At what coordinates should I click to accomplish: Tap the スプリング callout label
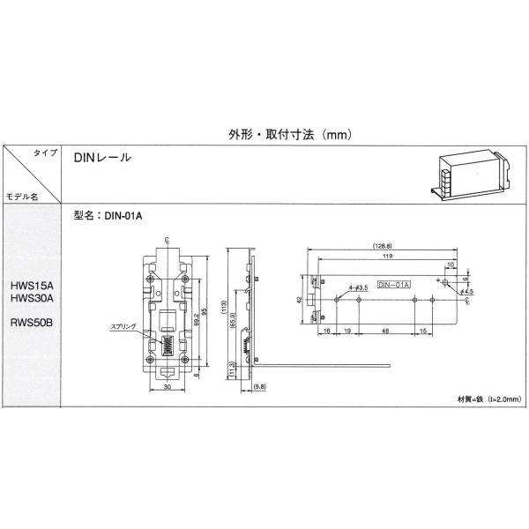coord(123,326)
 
